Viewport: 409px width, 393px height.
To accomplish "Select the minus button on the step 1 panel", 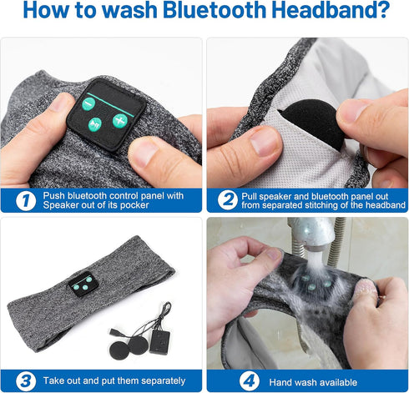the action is pos(88,103).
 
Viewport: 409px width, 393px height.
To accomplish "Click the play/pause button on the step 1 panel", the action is pos(95,124).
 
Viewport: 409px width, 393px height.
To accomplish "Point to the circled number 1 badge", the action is pos(26,200).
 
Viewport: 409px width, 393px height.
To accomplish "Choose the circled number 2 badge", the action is pos(228,200).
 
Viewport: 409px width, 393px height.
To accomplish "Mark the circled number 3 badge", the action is pos(26,381).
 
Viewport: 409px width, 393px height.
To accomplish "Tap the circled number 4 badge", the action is pos(250,381).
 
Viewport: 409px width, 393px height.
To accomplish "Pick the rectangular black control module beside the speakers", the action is pos(160,342).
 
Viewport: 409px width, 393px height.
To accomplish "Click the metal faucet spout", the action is pos(311,232).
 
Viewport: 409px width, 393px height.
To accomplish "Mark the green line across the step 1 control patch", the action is pos(110,105).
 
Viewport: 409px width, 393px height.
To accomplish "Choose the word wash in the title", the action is pos(129,10).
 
